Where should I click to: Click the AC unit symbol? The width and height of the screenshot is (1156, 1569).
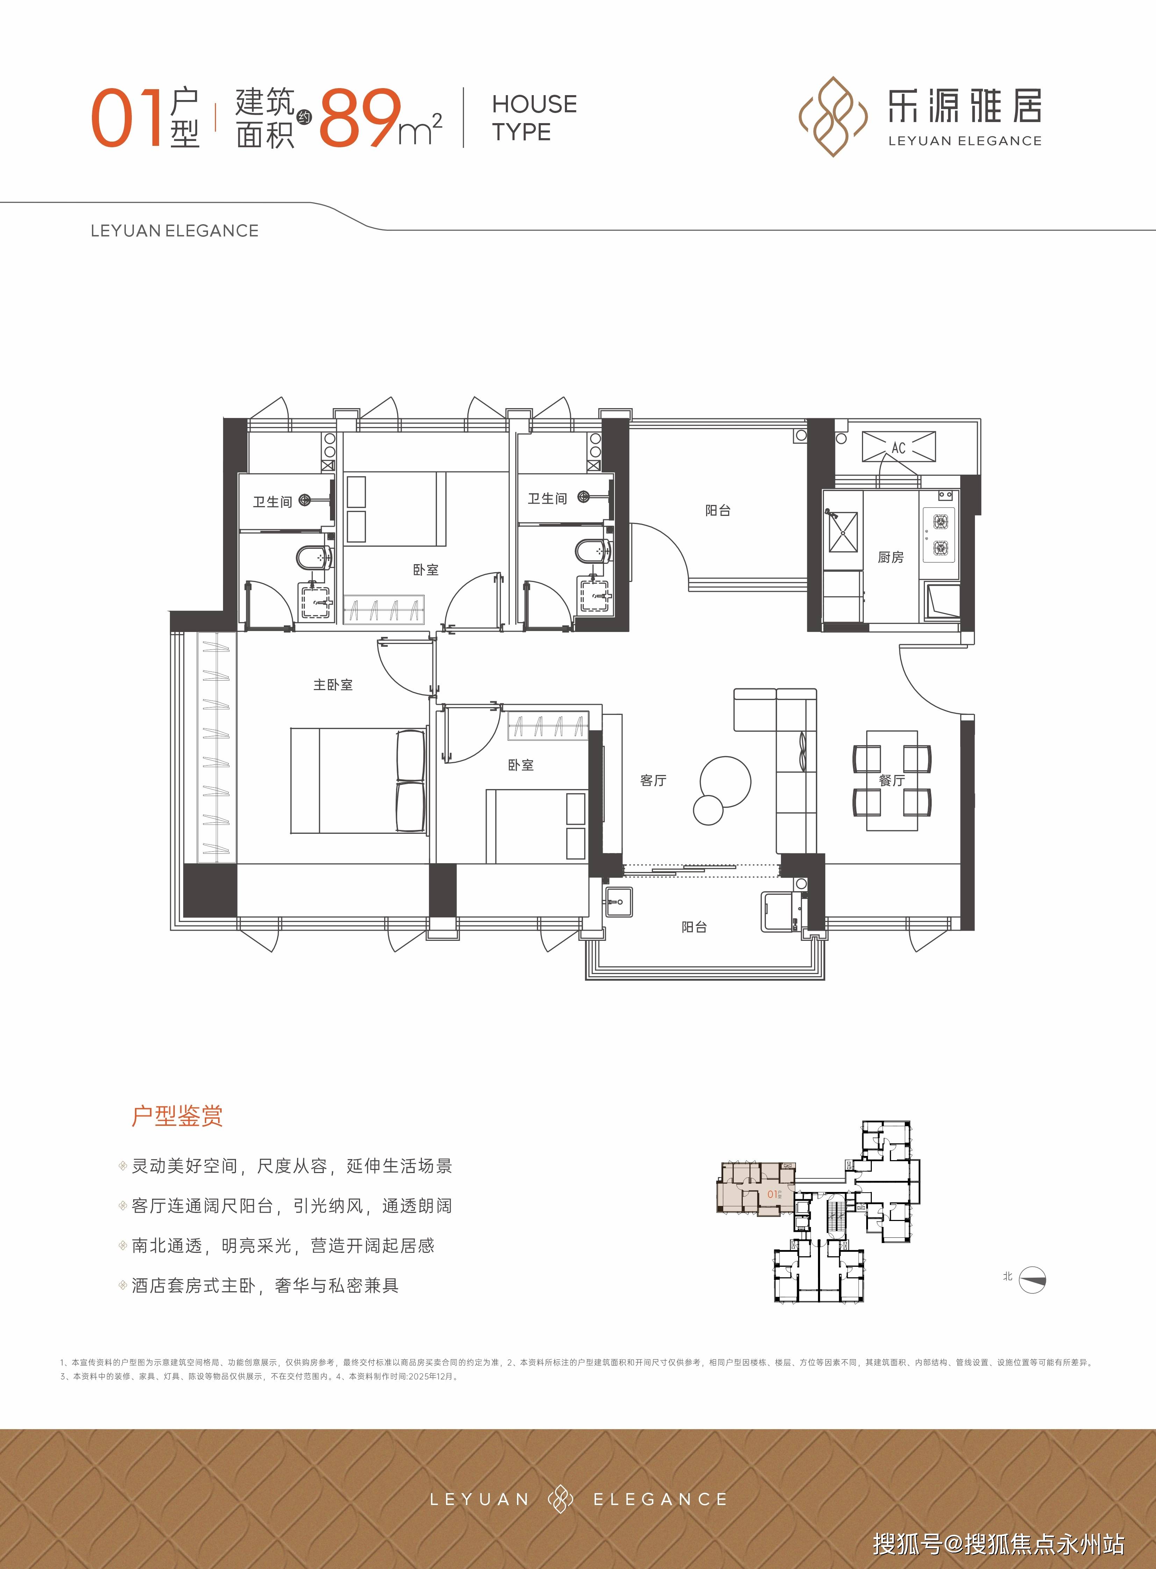[898, 447]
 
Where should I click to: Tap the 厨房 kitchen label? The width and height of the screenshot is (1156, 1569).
[891, 557]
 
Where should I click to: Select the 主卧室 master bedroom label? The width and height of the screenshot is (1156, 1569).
[333, 685]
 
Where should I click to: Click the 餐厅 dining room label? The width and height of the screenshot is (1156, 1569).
[892, 780]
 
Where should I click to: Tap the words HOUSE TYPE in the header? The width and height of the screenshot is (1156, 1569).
[534, 118]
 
